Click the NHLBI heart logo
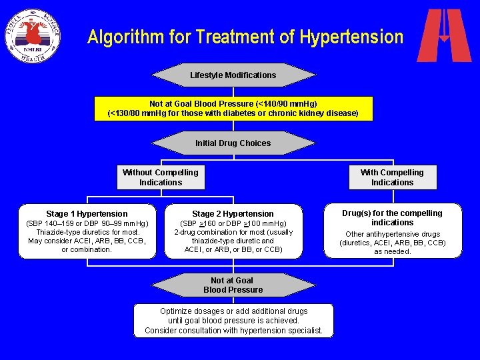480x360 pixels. pos(33,35)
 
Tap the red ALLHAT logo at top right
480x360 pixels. pos(444,35)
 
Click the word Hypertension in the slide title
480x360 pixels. pos(351,37)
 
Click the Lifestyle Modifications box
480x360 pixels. pos(233,75)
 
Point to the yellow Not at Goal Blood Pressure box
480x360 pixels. pos(233,109)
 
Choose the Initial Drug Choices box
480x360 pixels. pos(233,143)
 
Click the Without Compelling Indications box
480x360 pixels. pos(161,177)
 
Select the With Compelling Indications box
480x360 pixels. pos(392,177)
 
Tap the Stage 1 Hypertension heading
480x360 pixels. pos(87,214)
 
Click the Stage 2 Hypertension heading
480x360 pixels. pos(233,214)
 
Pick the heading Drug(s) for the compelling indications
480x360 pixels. pos(392,218)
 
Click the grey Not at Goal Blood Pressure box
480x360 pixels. pos(233,285)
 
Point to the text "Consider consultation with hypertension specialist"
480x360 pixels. pos(233,331)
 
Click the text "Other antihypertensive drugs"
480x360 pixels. pos(392,235)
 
